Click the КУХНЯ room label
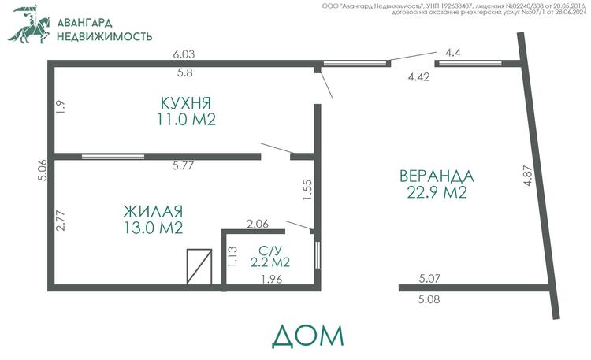click(186, 103)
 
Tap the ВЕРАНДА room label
click(437, 176)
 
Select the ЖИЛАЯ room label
click(153, 211)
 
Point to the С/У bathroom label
click(270, 250)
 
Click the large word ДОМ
click(308, 336)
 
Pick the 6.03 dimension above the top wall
click(184, 54)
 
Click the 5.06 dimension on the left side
click(43, 170)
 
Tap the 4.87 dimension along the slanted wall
click(528, 176)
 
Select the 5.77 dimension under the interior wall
click(183, 165)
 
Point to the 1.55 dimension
click(307, 190)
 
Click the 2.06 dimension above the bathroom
click(258, 224)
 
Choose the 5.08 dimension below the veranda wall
click(429, 299)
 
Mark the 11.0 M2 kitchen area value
click(186, 120)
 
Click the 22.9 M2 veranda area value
click(437, 193)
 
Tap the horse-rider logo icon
click(29, 24)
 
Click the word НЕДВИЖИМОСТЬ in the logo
click(104, 36)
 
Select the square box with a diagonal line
click(199, 266)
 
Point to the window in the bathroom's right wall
click(318, 254)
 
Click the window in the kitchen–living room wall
click(113, 157)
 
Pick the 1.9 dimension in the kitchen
click(61, 106)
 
